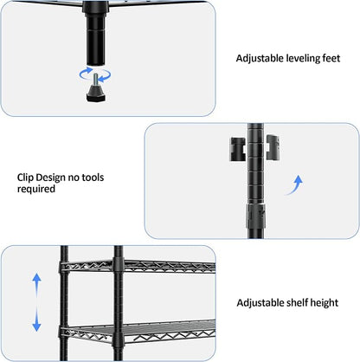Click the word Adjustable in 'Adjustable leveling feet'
point(260,59)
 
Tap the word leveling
point(303,59)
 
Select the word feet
point(331,58)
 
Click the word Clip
point(25,178)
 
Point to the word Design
point(52,178)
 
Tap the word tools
point(93,178)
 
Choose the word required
point(36,190)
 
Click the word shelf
point(298,303)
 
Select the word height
point(325,303)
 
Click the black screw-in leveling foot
point(96,92)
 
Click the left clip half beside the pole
point(237,149)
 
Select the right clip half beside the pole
point(273,147)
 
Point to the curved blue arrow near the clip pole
point(294,185)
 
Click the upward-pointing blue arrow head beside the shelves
point(36,279)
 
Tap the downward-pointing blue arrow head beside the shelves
point(36,326)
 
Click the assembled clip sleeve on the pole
point(255,217)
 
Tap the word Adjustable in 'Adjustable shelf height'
point(260,303)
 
